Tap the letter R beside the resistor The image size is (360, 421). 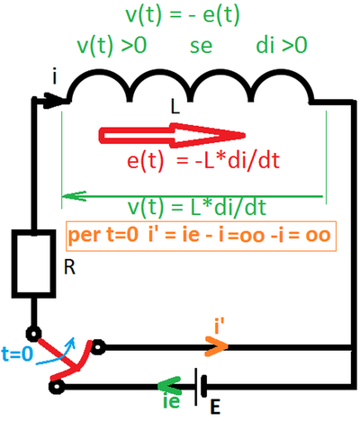(x=69, y=267)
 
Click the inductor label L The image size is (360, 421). (x=175, y=107)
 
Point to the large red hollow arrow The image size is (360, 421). (x=172, y=135)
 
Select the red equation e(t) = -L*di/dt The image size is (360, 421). (x=203, y=161)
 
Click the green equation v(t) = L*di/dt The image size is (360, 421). (x=197, y=207)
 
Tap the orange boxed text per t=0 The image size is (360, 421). (x=103, y=235)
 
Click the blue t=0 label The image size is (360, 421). (x=17, y=354)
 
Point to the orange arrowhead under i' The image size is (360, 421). (x=217, y=346)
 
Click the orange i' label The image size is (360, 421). (x=220, y=327)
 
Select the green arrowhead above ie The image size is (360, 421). (x=169, y=385)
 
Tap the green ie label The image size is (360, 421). (x=172, y=401)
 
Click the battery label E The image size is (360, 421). (x=215, y=408)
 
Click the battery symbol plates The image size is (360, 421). (x=200, y=387)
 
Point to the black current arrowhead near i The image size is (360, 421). (x=54, y=101)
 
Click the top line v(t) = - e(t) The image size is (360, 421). (x=183, y=15)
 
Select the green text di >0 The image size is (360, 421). (x=282, y=46)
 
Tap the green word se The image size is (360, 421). (x=202, y=47)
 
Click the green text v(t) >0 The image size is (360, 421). (x=112, y=47)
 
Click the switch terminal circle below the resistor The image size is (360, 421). (x=33, y=334)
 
